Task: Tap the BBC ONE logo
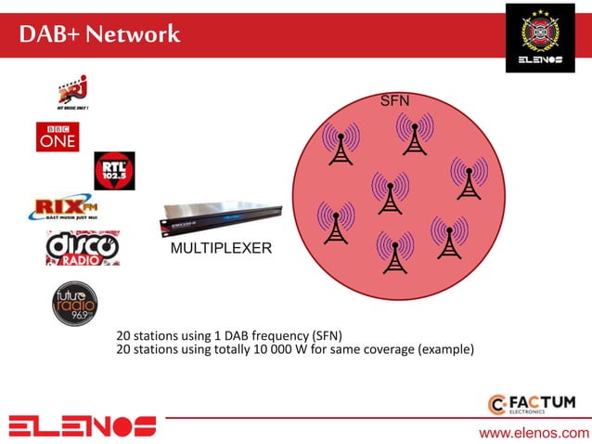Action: click(57, 137)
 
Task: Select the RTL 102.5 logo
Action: click(114, 171)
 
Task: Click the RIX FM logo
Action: click(64, 208)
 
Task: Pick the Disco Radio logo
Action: click(82, 248)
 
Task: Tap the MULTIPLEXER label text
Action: click(221, 249)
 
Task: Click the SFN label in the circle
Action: click(395, 99)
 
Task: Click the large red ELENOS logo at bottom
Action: click(83, 425)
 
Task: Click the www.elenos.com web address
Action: click(534, 433)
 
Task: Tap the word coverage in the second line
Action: click(381, 350)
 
